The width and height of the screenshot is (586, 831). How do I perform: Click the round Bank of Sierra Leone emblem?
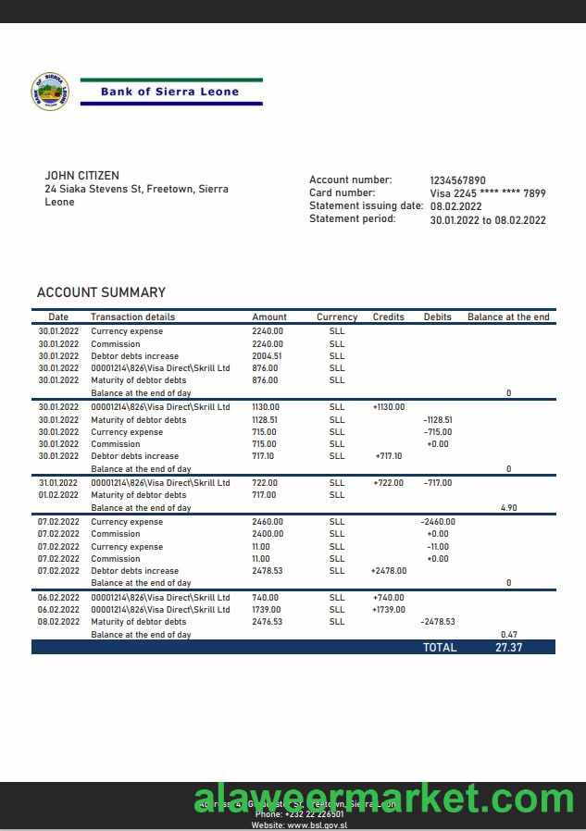click(x=50, y=93)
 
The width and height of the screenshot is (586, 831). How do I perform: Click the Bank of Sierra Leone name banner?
click(x=169, y=92)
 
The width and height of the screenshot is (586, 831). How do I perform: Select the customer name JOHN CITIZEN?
click(x=81, y=176)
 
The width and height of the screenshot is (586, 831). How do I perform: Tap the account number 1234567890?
click(x=457, y=180)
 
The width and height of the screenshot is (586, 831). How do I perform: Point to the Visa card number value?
click(x=487, y=193)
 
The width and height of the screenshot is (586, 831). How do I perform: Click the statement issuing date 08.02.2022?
click(x=456, y=206)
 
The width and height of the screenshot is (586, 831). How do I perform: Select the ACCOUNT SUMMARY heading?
click(x=101, y=292)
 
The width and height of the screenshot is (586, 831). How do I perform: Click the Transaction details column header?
click(x=132, y=316)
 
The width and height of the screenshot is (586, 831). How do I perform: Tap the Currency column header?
click(x=337, y=316)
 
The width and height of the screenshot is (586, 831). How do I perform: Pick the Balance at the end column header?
click(x=508, y=316)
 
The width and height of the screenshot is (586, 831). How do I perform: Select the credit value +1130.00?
click(x=389, y=407)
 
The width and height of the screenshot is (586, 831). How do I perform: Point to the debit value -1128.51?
click(x=437, y=420)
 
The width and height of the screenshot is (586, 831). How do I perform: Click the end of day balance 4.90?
click(x=508, y=508)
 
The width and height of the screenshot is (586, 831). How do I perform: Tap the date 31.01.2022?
click(x=58, y=483)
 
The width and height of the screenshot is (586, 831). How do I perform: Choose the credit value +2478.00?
click(x=388, y=571)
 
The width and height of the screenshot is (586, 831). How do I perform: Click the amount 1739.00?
click(x=267, y=610)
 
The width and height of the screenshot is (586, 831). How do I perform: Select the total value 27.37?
click(x=508, y=648)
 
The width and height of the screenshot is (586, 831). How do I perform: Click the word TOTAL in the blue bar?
click(x=440, y=648)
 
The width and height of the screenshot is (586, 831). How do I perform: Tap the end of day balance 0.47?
click(x=508, y=634)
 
